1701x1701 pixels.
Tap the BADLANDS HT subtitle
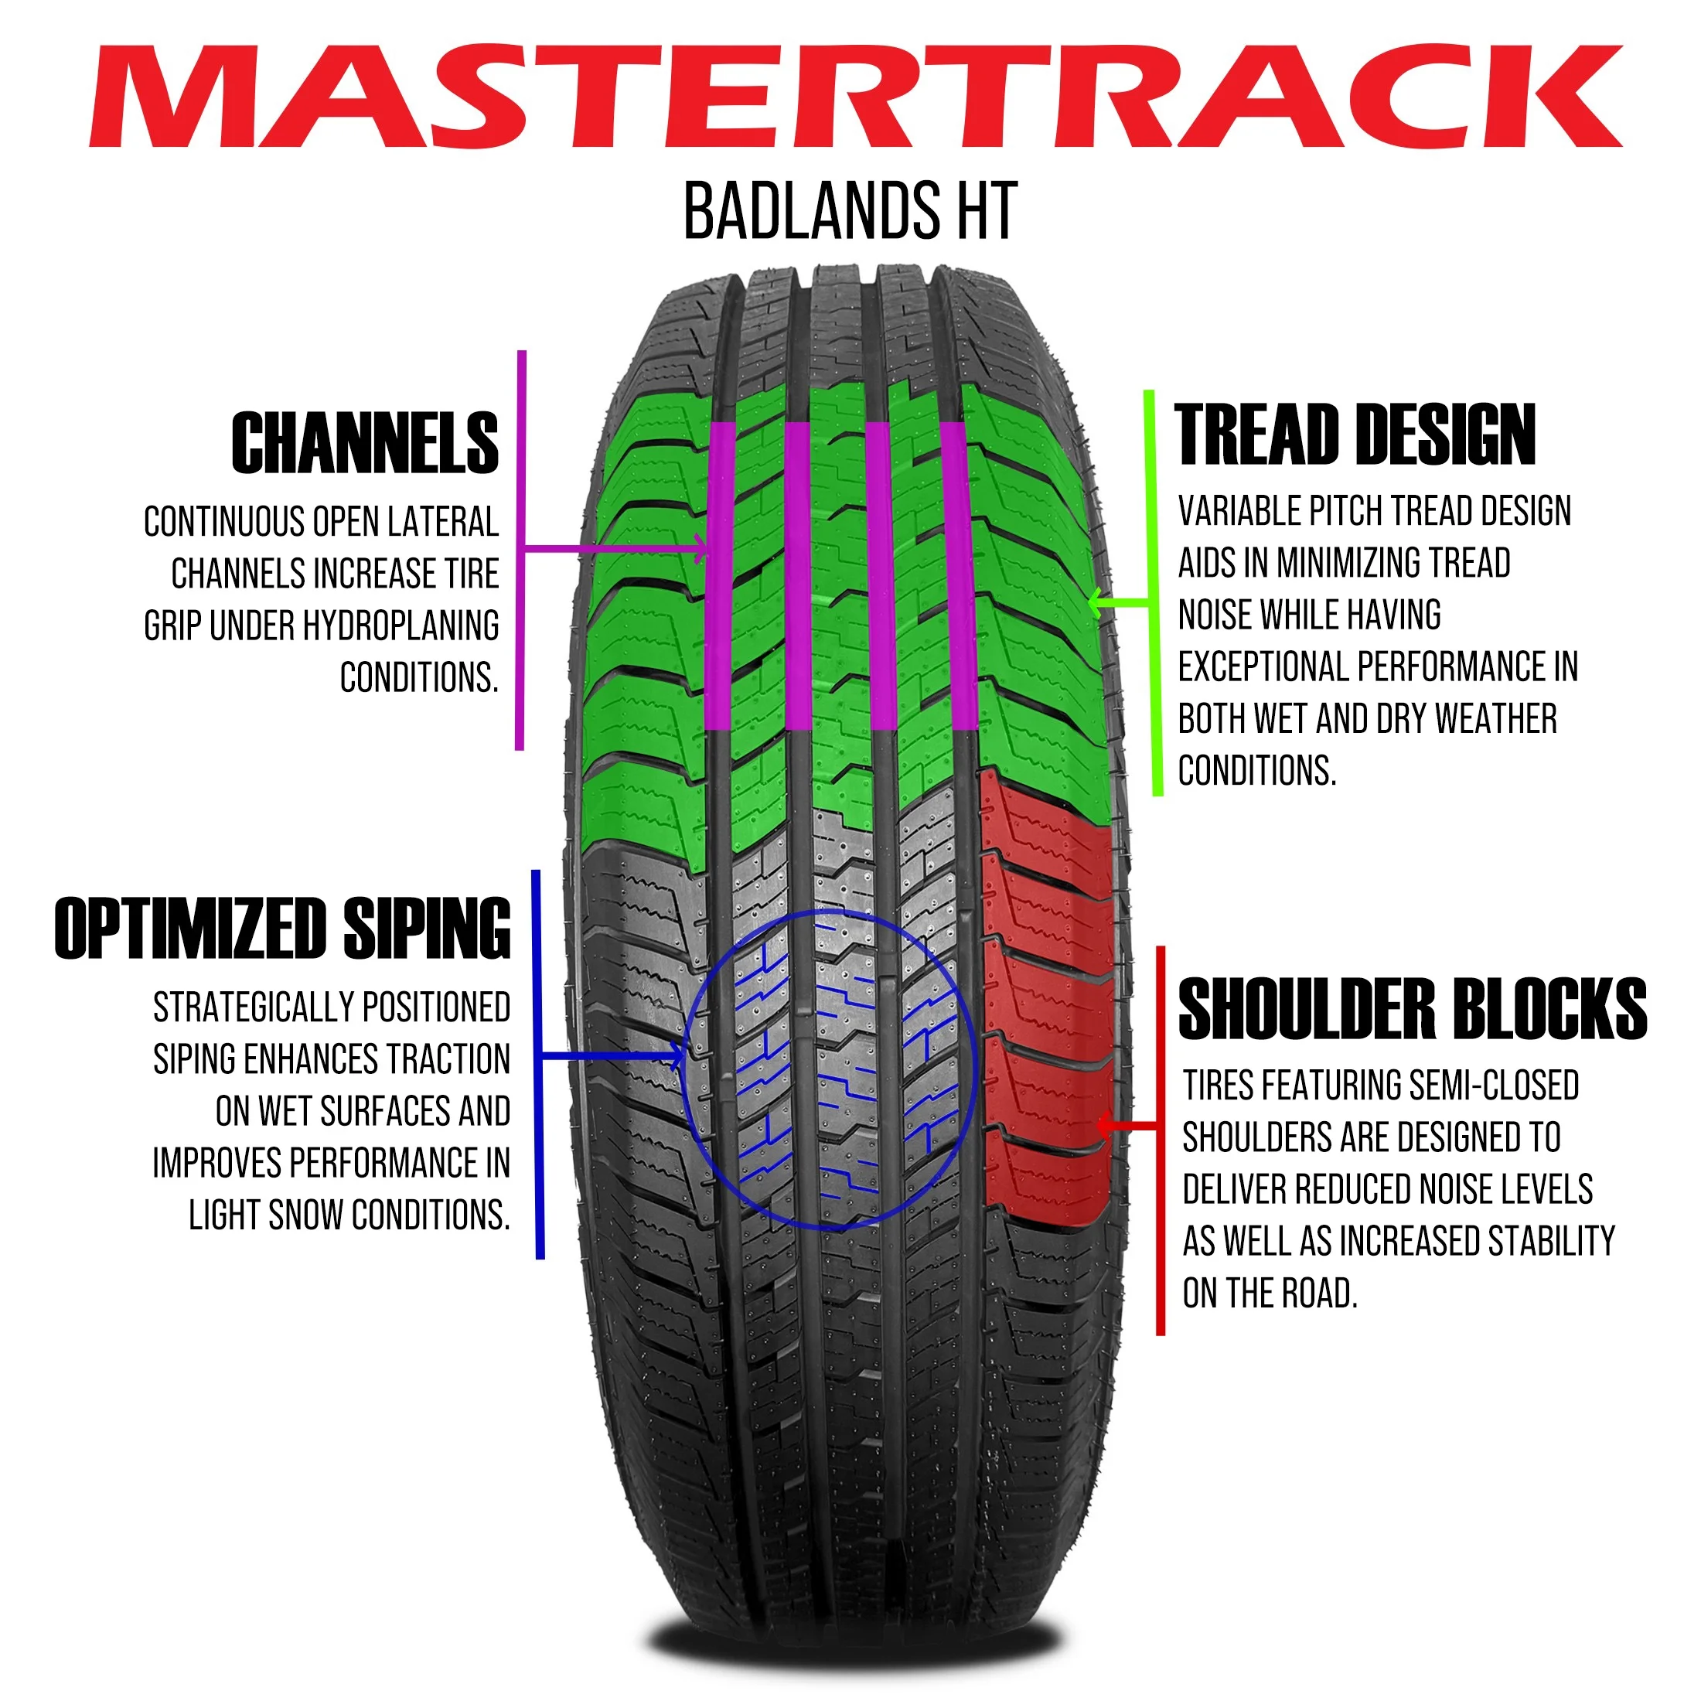pos(850,211)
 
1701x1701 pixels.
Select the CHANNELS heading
pos(364,443)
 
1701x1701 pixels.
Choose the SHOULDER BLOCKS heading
pos(1413,1009)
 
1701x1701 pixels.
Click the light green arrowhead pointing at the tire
pos(1096,603)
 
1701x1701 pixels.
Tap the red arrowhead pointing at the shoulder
pos(1104,1125)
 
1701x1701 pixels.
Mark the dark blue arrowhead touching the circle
pos(678,1055)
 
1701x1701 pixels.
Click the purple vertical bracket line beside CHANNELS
pos(521,551)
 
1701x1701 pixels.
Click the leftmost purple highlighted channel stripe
pos(719,577)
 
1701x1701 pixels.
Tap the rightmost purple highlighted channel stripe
pos(957,577)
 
